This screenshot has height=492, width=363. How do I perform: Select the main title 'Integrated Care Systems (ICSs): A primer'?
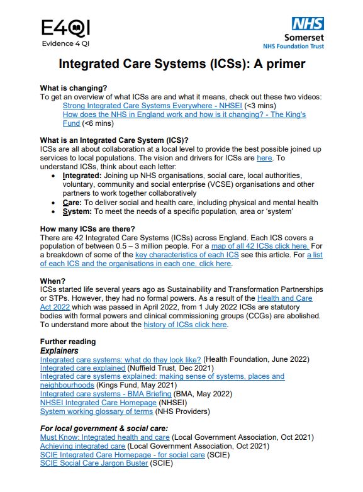[x=182, y=64]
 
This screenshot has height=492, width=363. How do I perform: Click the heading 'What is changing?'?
[x=74, y=87]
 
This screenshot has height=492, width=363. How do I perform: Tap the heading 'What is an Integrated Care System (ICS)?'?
[x=114, y=139]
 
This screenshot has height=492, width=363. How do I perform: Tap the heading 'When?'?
[x=52, y=281]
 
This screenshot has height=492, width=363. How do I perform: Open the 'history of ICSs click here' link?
[x=185, y=325]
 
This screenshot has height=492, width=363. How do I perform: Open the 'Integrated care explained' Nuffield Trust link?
[x=82, y=367]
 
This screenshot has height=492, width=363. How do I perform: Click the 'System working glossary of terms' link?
[x=96, y=411]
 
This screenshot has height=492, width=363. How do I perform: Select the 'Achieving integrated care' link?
[x=82, y=445]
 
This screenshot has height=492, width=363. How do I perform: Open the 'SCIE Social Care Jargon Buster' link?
[x=94, y=463]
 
